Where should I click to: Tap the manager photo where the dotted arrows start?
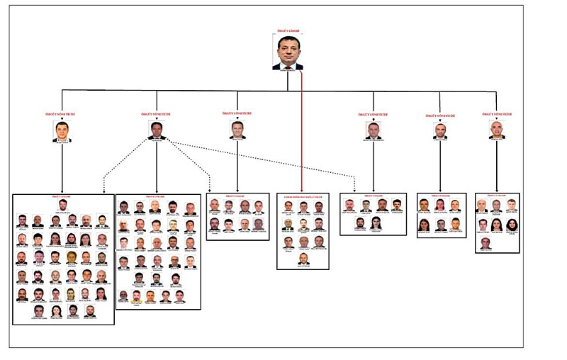[157, 130]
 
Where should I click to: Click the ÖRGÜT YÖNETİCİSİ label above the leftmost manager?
[62, 114]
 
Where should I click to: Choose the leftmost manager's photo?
[62, 131]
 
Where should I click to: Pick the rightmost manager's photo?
[497, 130]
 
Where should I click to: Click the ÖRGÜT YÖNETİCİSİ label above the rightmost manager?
[497, 113]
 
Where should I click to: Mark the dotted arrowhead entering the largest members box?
[104, 190]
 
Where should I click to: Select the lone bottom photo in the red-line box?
[303, 259]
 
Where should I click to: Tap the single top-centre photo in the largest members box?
[62, 205]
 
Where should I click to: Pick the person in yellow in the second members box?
[136, 296]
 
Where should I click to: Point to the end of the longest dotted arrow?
[354, 189]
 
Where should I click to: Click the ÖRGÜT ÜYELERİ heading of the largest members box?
[62, 196]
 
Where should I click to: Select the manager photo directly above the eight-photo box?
[237, 130]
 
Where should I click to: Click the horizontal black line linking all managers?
[213, 91]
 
